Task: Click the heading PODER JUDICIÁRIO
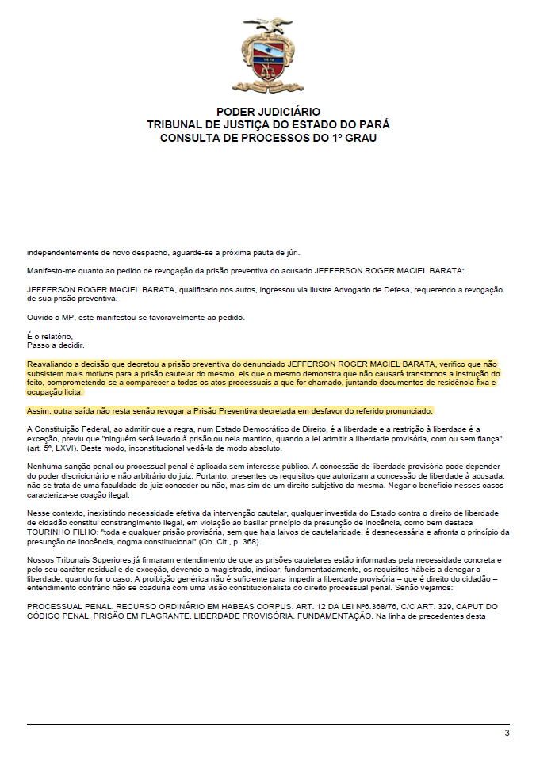coord(268,113)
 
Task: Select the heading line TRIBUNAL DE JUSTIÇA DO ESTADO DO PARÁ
coord(268,125)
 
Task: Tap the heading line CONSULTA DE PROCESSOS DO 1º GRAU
coord(268,138)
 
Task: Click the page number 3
coord(507,733)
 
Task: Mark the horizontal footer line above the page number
coord(268,723)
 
